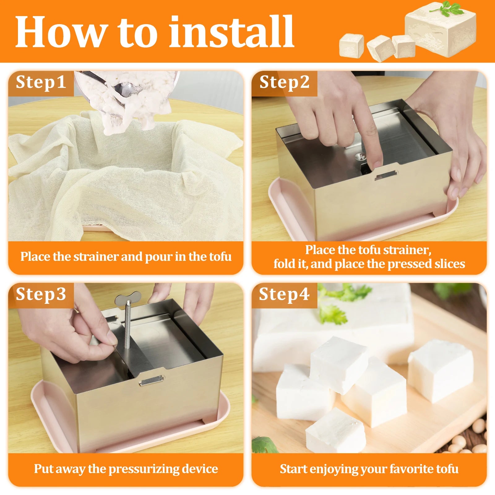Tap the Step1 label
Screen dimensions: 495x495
click(x=41, y=82)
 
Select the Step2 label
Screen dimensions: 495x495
click(x=284, y=82)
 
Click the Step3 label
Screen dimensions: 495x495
click(x=41, y=294)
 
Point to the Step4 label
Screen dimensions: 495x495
click(x=284, y=294)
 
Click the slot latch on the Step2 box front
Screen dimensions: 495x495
click(x=385, y=176)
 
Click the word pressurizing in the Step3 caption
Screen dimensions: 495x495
click(x=144, y=469)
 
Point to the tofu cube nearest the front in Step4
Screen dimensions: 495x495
click(x=336, y=430)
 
